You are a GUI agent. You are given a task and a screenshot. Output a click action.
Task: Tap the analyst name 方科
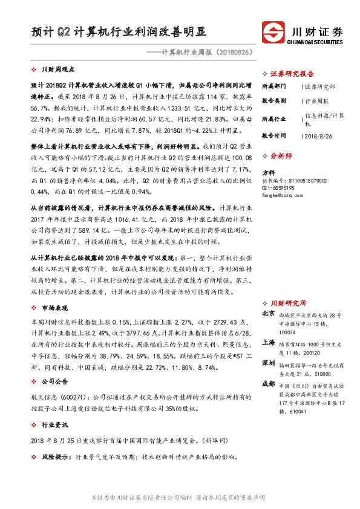click(x=268, y=172)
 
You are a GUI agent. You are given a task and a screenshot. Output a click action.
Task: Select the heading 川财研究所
click(x=288, y=302)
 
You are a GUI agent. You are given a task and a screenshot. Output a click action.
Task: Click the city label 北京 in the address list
click(x=269, y=314)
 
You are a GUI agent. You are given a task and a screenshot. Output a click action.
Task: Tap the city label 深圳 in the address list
click(x=269, y=363)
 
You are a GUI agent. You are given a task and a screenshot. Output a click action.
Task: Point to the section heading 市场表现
click(x=52, y=308)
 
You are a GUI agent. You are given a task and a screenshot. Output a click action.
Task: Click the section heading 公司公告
click(x=52, y=382)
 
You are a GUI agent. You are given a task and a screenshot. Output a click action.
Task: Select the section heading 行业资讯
click(x=52, y=425)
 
